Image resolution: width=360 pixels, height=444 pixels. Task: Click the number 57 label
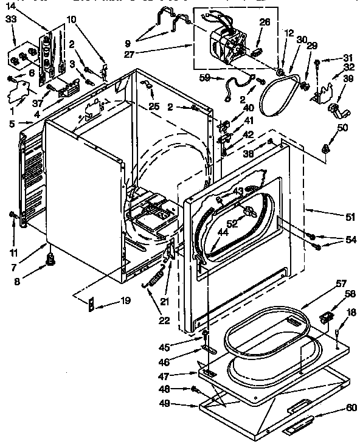coord(341,284)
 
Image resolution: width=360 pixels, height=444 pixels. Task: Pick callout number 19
coord(125,300)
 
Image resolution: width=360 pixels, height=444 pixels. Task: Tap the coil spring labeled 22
coord(153,282)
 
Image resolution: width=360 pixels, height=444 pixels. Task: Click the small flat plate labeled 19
coord(91,301)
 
